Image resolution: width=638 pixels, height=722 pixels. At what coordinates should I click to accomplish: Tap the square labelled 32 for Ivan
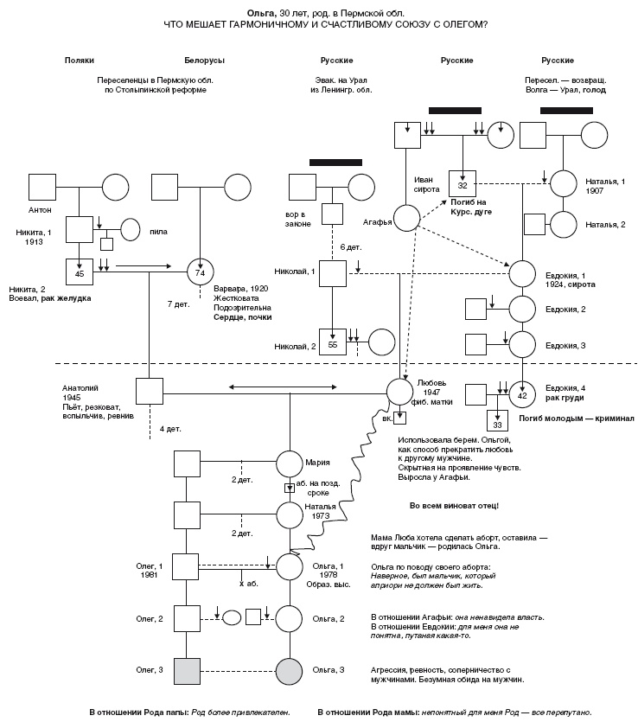click(x=463, y=183)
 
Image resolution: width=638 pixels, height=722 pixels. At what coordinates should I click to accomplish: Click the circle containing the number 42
click(x=522, y=395)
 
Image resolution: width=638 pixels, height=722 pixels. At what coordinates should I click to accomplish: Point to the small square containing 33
click(x=496, y=424)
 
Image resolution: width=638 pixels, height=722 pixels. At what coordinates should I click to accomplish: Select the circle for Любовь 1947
click(x=399, y=392)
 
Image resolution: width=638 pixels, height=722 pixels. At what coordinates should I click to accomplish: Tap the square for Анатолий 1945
click(x=149, y=392)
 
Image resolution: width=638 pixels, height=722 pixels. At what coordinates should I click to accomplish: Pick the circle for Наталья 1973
click(x=290, y=515)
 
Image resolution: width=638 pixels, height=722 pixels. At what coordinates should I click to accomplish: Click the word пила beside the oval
click(x=158, y=231)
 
